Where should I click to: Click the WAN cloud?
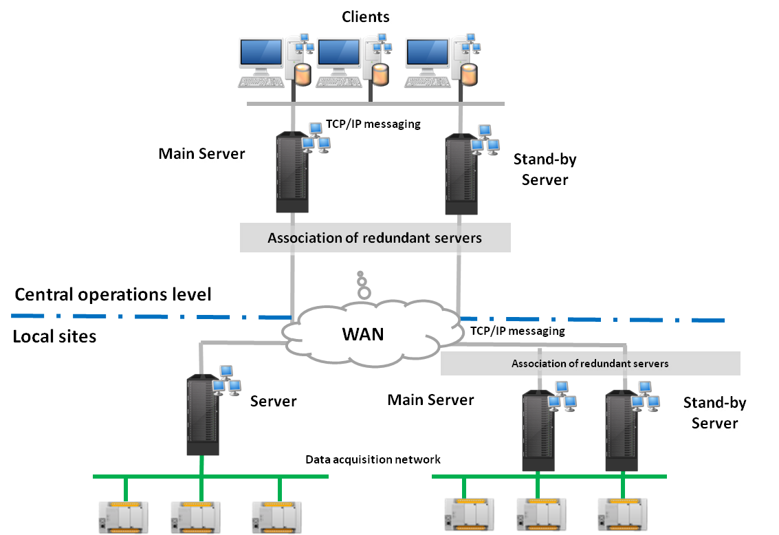tap(363, 335)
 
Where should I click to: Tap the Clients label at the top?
tap(366, 18)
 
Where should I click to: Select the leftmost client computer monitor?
tap(261, 56)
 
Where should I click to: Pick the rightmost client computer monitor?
tap(427, 56)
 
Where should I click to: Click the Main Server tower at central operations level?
tap(292, 173)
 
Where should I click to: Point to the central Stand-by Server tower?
tap(461, 175)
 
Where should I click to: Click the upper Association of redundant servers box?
tap(375, 239)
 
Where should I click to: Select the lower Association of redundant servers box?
tap(590, 364)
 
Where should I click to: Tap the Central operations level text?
tap(113, 295)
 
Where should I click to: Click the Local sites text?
tap(55, 336)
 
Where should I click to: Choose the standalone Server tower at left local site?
tap(203, 415)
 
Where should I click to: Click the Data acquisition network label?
tap(373, 459)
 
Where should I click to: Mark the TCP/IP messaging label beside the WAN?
tap(518, 331)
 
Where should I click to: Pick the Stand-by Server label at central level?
tap(545, 169)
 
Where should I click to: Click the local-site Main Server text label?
tap(431, 400)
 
